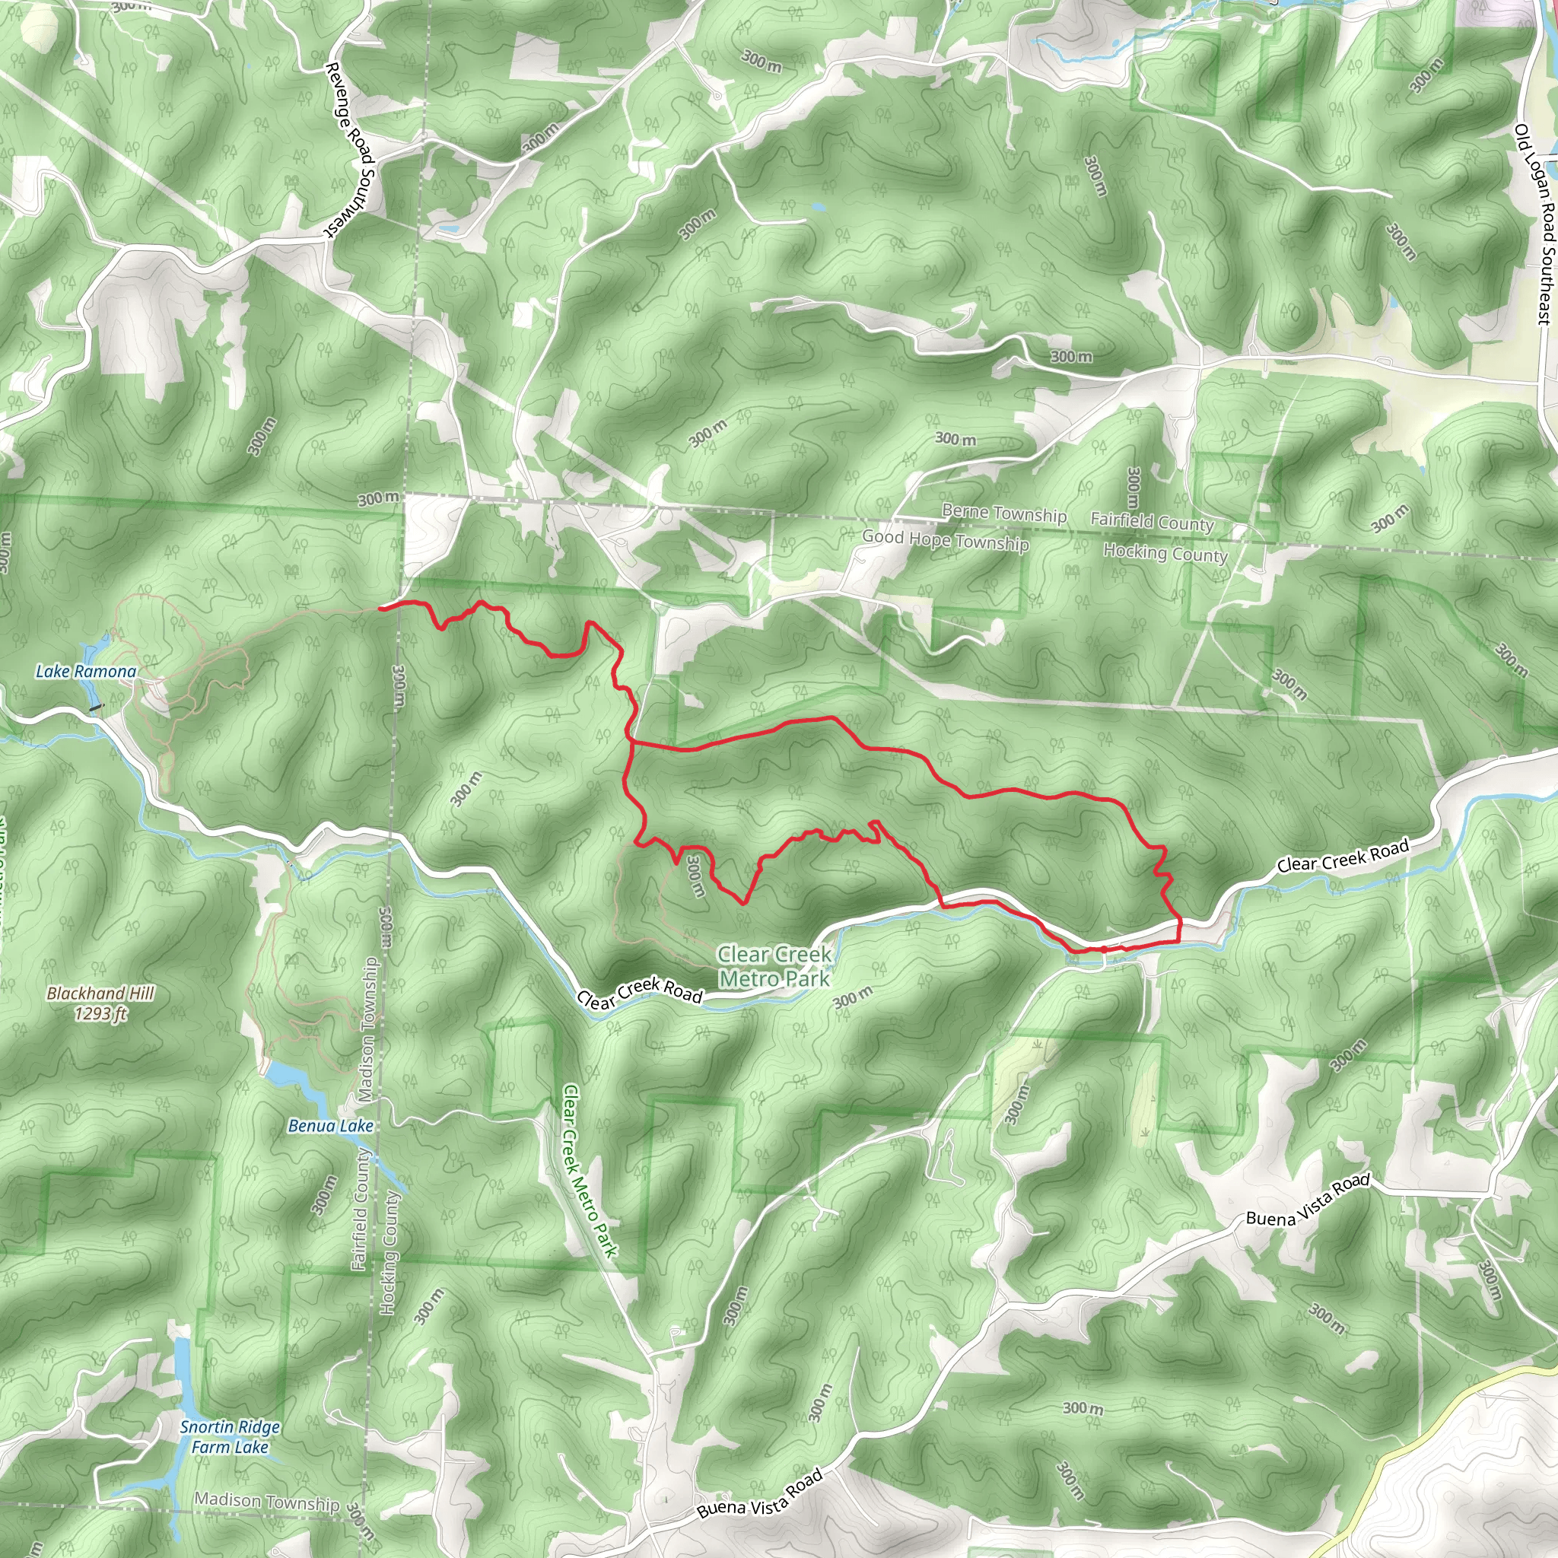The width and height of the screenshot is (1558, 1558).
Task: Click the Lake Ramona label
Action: coord(86,672)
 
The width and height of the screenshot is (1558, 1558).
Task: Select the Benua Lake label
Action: coord(331,1126)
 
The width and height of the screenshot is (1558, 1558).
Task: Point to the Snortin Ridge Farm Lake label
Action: coord(230,1437)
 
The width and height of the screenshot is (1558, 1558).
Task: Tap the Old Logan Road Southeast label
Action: coord(1534,224)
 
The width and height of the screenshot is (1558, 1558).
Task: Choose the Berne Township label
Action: coord(1004,513)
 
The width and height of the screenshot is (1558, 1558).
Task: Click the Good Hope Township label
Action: coord(945,540)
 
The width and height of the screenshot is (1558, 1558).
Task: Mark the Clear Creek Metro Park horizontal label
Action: coord(774,966)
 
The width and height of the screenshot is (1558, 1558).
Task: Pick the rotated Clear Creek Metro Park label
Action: coord(590,1171)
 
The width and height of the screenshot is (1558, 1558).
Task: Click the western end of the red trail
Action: coord(380,606)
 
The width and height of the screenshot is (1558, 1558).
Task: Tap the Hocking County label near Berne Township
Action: coord(1165,553)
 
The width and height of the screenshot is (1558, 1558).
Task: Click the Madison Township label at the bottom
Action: coord(267,1502)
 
